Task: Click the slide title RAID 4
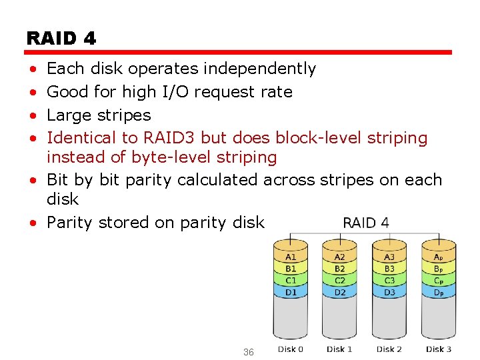[61, 39]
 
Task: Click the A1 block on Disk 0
[291, 257]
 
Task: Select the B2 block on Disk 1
[340, 269]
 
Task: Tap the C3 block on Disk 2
[389, 281]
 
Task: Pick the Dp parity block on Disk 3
[438, 293]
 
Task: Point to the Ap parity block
[438, 257]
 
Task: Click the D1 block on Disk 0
[291, 293]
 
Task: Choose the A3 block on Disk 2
[389, 257]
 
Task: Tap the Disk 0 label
[291, 349]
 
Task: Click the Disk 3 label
[439, 349]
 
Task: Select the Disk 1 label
[340, 349]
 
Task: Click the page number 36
[248, 351]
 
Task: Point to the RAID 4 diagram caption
[366, 223]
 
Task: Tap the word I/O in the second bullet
[176, 91]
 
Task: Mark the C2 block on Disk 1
[340, 281]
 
